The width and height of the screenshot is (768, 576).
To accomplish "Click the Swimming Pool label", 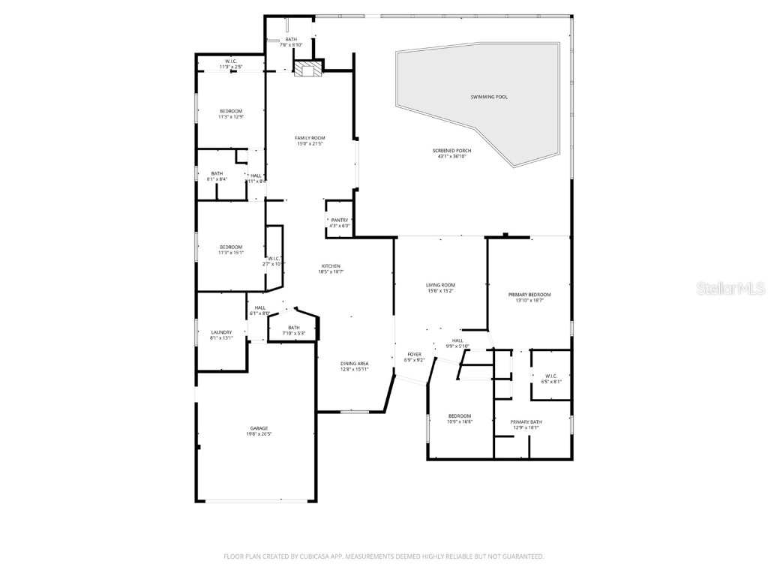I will pos(488,97).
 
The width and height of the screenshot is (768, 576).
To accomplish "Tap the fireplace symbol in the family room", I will pos(306,70).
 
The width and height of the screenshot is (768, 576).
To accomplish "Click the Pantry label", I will pos(339,220).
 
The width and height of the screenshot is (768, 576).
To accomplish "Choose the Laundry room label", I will pos(221,331).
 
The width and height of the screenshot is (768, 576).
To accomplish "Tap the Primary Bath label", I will pos(526,421).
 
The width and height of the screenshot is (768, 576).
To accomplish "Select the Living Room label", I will pos(440,285).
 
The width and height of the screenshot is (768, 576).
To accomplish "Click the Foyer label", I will pos(414,354).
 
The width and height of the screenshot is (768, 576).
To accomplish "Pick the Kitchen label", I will pos(331,266).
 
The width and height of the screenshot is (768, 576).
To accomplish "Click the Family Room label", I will pos(310,138).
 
